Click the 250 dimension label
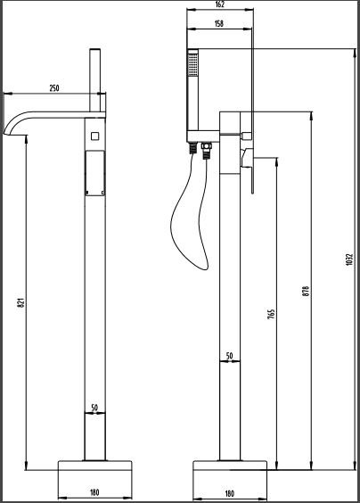click(54, 88)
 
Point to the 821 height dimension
click(19, 302)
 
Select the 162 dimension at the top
click(219, 4)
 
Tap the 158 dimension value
click(219, 24)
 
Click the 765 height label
click(269, 313)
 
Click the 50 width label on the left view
click(94, 408)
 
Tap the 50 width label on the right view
click(229, 356)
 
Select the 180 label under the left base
click(94, 492)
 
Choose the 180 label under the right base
click(229, 492)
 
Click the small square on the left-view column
click(94, 136)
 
